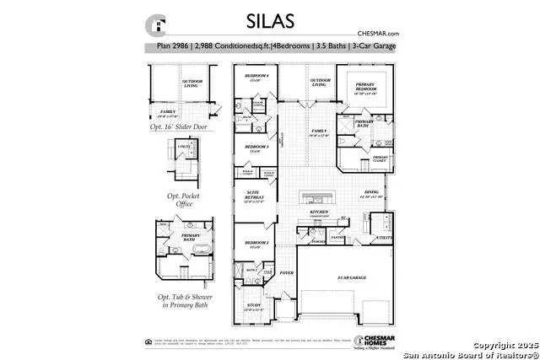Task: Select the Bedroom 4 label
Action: [256, 77]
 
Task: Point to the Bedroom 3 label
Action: [256, 148]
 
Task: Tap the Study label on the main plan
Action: [254, 306]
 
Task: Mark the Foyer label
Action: [286, 273]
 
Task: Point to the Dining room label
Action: [371, 194]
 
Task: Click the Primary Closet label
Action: [381, 158]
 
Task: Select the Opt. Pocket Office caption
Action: [179, 200]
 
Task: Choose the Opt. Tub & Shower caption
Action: [181, 296]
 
